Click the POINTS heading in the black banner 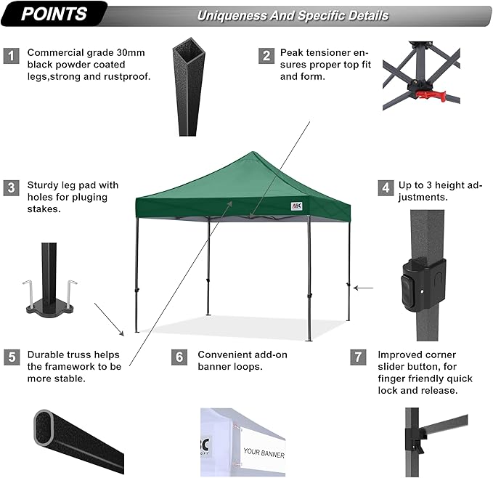(x=54, y=14)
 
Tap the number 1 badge (x=11, y=56)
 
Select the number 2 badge (x=267, y=56)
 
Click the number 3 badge (x=11, y=187)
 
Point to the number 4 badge (x=385, y=187)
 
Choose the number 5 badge (x=11, y=357)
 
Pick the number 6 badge (x=179, y=357)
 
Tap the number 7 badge (x=356, y=357)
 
